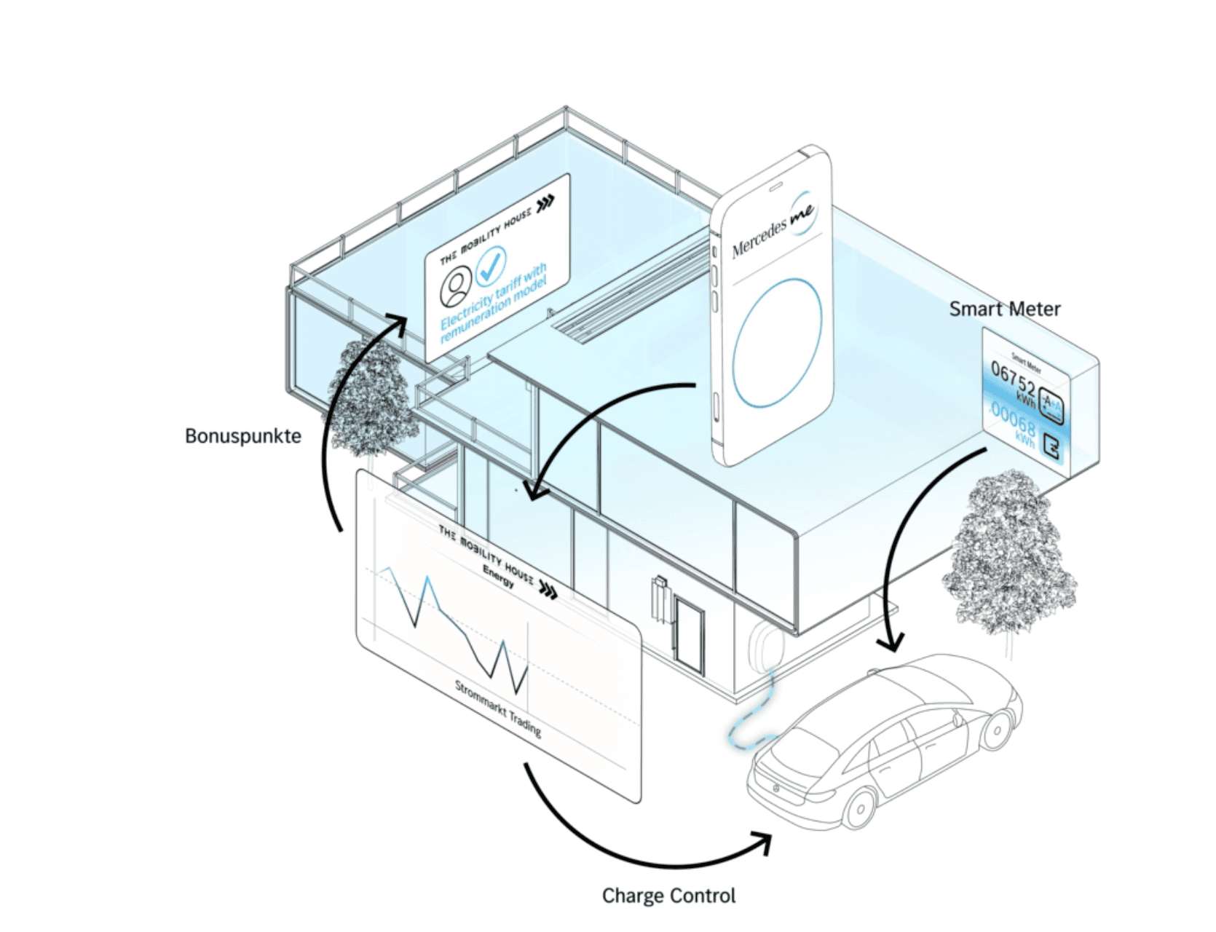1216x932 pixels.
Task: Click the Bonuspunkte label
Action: coord(242,436)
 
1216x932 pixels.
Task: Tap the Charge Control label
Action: coord(668,896)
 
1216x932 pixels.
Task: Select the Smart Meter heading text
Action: coord(1004,309)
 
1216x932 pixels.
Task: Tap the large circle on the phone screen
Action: coord(777,343)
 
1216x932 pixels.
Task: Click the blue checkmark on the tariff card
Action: coord(491,266)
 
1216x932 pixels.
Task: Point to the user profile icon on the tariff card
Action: coord(457,287)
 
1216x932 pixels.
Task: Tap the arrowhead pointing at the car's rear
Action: coord(765,842)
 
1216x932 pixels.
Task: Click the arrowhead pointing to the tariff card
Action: coord(398,323)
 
